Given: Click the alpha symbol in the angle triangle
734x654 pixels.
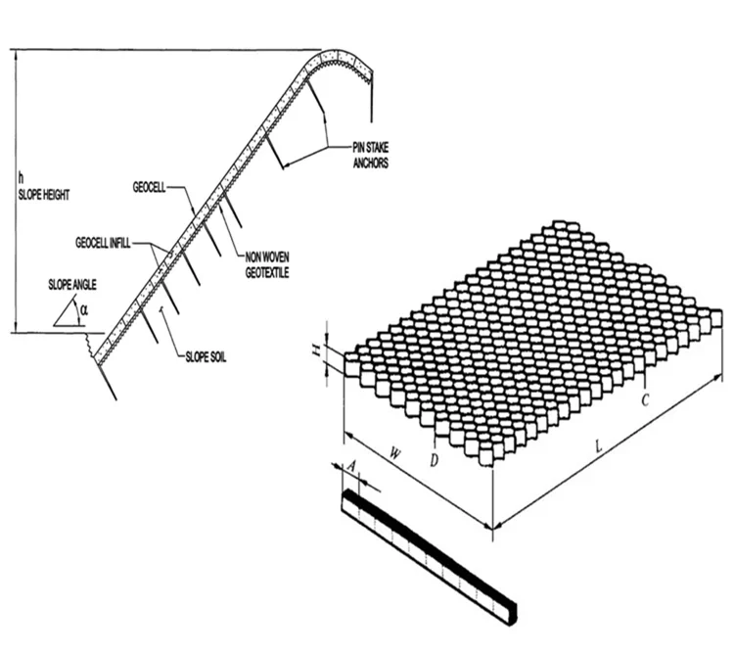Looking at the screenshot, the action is [83, 309].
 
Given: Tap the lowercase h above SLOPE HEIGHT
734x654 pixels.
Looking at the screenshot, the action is [22, 179].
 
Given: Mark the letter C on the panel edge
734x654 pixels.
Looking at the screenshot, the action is [645, 400].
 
